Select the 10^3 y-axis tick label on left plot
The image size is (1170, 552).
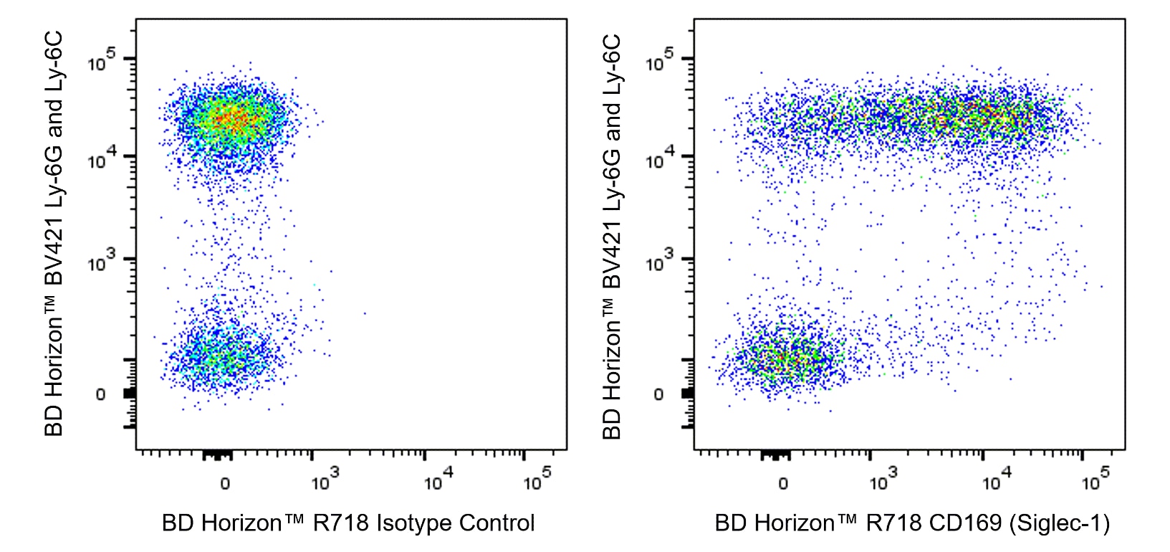click(102, 262)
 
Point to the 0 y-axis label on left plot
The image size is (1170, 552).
click(100, 394)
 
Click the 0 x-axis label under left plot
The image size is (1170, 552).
click(225, 484)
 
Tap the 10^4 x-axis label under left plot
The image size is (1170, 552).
click(438, 480)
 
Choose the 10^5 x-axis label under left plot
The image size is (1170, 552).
click(537, 480)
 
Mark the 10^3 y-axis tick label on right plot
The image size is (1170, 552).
click(660, 262)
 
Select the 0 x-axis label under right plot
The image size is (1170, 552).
click(783, 484)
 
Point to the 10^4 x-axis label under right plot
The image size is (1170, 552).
click(996, 480)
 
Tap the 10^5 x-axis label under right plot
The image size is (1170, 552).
click(1095, 480)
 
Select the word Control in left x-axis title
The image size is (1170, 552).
click(497, 523)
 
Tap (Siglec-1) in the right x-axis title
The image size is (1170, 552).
click(1060, 523)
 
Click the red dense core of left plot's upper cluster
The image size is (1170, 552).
click(231, 119)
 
